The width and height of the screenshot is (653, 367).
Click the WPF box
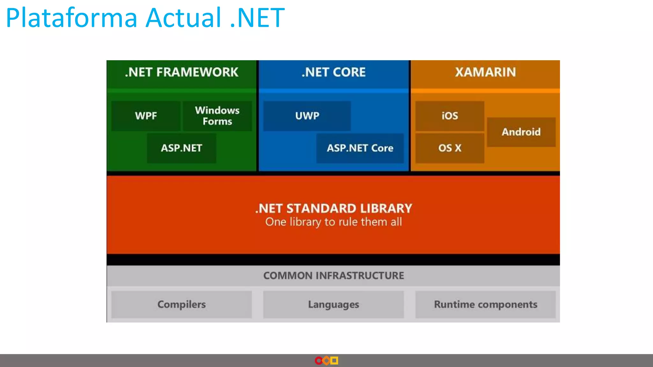(x=146, y=116)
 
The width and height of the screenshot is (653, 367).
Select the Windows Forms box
(x=217, y=116)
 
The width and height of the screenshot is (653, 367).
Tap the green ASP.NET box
(x=181, y=148)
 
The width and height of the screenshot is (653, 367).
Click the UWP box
(x=307, y=116)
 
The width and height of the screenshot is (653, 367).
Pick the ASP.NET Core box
(x=360, y=148)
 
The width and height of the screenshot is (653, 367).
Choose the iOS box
(x=450, y=116)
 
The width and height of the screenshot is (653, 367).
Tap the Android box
(x=521, y=132)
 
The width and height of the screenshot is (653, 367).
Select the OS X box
(x=450, y=148)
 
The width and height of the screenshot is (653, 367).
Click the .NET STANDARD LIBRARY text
(x=334, y=208)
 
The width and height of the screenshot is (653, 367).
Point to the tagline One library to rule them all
(x=334, y=222)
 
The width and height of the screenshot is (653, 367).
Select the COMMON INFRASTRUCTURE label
(x=334, y=276)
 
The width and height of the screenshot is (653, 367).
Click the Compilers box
(x=181, y=304)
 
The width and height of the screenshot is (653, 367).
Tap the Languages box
(x=334, y=304)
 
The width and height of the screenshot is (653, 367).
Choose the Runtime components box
(x=485, y=304)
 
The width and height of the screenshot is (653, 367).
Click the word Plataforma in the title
(x=71, y=18)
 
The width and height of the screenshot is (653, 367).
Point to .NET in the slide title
(x=257, y=18)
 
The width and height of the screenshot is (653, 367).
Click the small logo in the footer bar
(x=326, y=361)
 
